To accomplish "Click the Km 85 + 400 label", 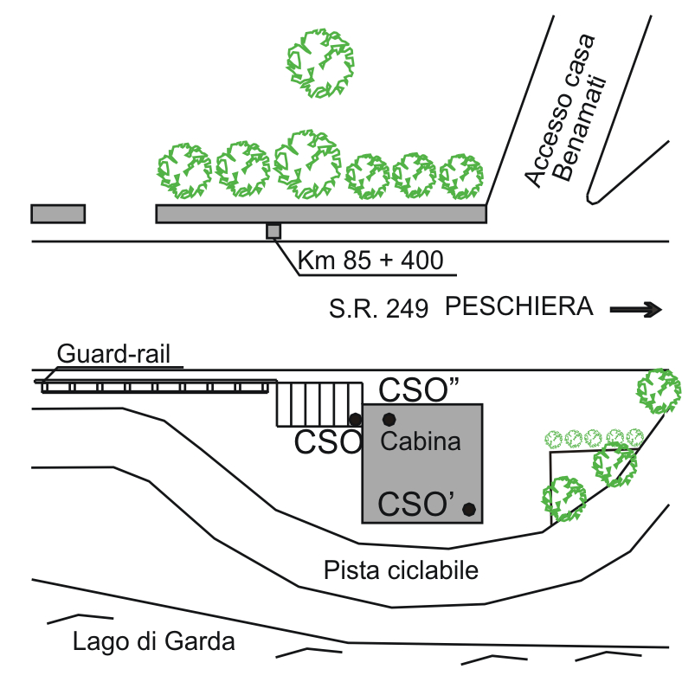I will pyautogui.click(x=370, y=260).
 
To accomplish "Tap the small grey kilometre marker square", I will pyautogui.click(x=273, y=231).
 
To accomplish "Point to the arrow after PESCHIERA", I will pyautogui.click(x=636, y=309).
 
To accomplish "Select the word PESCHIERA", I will pyautogui.click(x=519, y=307).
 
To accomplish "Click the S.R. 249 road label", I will pyautogui.click(x=378, y=309).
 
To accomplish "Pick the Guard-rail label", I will pyautogui.click(x=114, y=354).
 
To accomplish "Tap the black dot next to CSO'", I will pyautogui.click(x=469, y=509).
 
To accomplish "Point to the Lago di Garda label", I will pyautogui.click(x=154, y=642).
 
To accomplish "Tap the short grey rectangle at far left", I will pyautogui.click(x=58, y=214).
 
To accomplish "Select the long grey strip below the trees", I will pyautogui.click(x=320, y=214).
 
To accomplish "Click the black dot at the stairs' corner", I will pyautogui.click(x=355, y=419).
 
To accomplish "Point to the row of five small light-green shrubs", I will pyautogui.click(x=594, y=437).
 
